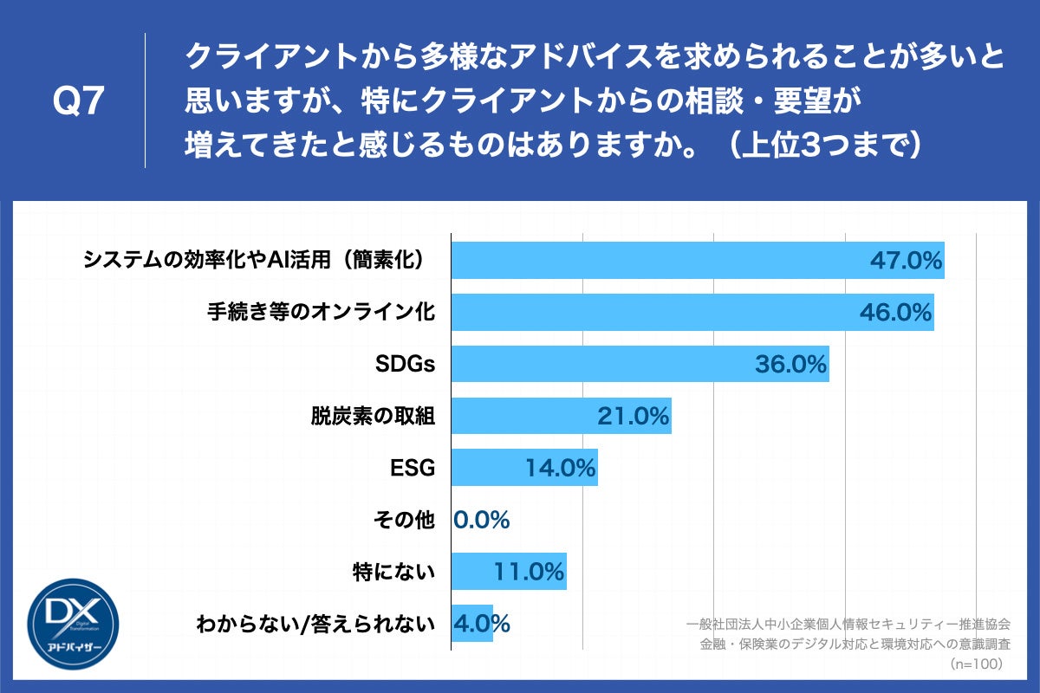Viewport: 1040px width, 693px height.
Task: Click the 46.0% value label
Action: point(895,313)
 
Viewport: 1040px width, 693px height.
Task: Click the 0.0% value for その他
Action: point(482,520)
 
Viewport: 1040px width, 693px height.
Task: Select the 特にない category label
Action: point(394,572)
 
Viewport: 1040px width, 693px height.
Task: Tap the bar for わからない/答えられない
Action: point(472,623)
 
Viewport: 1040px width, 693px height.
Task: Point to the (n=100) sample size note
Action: point(976,664)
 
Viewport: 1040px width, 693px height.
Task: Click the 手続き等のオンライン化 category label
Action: point(321,313)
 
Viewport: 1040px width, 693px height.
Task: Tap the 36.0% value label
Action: point(790,365)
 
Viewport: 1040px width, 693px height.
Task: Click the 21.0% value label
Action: point(634,417)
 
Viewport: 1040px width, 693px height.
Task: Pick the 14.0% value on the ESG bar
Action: point(560,469)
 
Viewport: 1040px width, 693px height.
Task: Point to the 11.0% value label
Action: point(530,572)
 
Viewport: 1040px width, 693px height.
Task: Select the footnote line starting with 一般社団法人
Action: point(848,624)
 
